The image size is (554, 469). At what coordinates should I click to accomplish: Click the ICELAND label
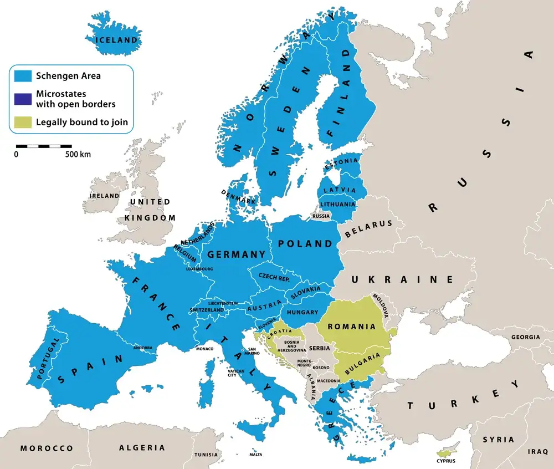click(116, 40)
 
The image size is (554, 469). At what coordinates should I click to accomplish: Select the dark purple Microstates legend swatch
click(23, 99)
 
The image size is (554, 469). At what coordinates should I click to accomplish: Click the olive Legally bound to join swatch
click(23, 122)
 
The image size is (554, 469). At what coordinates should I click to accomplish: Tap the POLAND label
click(305, 243)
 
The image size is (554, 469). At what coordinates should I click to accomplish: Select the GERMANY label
click(236, 254)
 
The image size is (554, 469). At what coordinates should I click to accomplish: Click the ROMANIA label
click(352, 327)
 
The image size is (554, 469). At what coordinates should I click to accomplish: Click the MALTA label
click(255, 455)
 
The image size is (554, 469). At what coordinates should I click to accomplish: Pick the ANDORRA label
click(143, 348)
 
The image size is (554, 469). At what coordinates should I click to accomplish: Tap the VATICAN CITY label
click(235, 373)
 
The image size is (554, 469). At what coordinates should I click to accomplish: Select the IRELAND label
click(105, 196)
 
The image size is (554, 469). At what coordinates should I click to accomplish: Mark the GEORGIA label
click(525, 337)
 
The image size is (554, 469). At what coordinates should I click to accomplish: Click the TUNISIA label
click(206, 455)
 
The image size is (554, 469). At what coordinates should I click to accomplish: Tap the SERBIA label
click(320, 348)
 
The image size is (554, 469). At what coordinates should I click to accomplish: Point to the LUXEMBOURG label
click(199, 269)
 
